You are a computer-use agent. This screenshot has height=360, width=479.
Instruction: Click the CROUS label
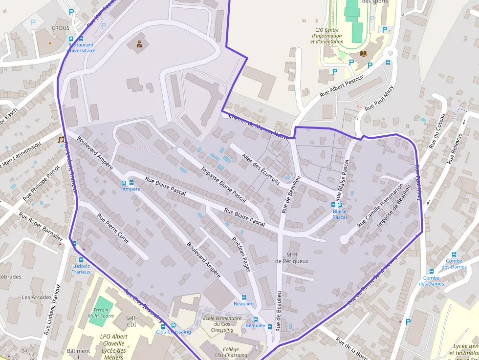pyautogui.click(x=61, y=28)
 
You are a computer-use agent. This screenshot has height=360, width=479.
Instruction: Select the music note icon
pyautogui.click(x=61, y=140)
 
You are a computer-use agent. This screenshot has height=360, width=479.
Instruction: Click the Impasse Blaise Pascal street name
pyautogui.click(x=224, y=184)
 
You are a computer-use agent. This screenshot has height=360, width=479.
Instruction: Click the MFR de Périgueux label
pyautogui.click(x=292, y=258)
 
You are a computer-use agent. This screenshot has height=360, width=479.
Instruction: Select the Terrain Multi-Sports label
pyautogui.click(x=101, y=313)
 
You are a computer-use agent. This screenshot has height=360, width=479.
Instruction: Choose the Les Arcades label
pyautogui.click(x=37, y=297)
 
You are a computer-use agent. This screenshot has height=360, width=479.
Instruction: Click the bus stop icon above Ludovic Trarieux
pyautogui.click(x=74, y=243)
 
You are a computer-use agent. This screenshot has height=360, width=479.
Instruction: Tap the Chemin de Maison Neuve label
pyautogui.click(x=256, y=127)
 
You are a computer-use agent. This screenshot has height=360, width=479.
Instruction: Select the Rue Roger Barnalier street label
pyautogui.click(x=42, y=227)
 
